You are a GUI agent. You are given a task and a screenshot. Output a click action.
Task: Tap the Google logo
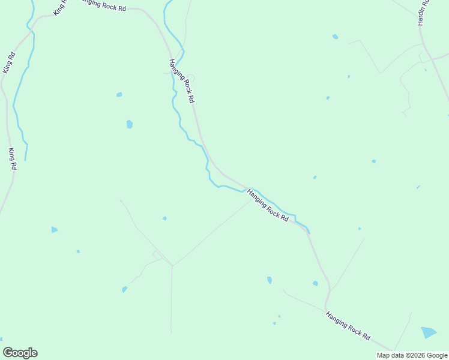pyautogui.click(x=20, y=353)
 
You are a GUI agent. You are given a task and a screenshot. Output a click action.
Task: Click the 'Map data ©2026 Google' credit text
pyautogui.click(x=412, y=355)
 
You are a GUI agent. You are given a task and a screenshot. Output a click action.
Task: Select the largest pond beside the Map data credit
pyautogui.click(x=429, y=332)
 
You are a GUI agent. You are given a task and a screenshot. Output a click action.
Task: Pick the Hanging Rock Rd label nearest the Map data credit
pyautogui.click(x=348, y=326)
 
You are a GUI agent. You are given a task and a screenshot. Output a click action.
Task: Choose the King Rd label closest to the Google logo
pyautogui.click(x=12, y=158)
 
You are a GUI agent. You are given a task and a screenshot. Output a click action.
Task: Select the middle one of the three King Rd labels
pyautogui.click(x=8, y=63)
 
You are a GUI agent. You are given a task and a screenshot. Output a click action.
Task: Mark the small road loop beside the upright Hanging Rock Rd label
pyautogui.click(x=191, y=78)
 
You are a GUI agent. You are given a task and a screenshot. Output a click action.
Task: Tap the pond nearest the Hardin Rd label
pyautogui.click(x=335, y=37)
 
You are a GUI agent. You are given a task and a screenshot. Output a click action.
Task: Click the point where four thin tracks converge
pyautogui.click(x=172, y=265)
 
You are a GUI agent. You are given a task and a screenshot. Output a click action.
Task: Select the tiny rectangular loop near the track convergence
pyautogui.click(x=157, y=256)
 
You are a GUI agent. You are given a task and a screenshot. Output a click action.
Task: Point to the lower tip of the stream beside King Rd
pyautogui.click(x=25, y=160)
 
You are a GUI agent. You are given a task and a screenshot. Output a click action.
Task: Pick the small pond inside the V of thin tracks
pyautogui.click(x=164, y=218)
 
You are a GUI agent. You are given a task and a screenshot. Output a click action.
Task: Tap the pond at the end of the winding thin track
pyautogui.click(x=124, y=290)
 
